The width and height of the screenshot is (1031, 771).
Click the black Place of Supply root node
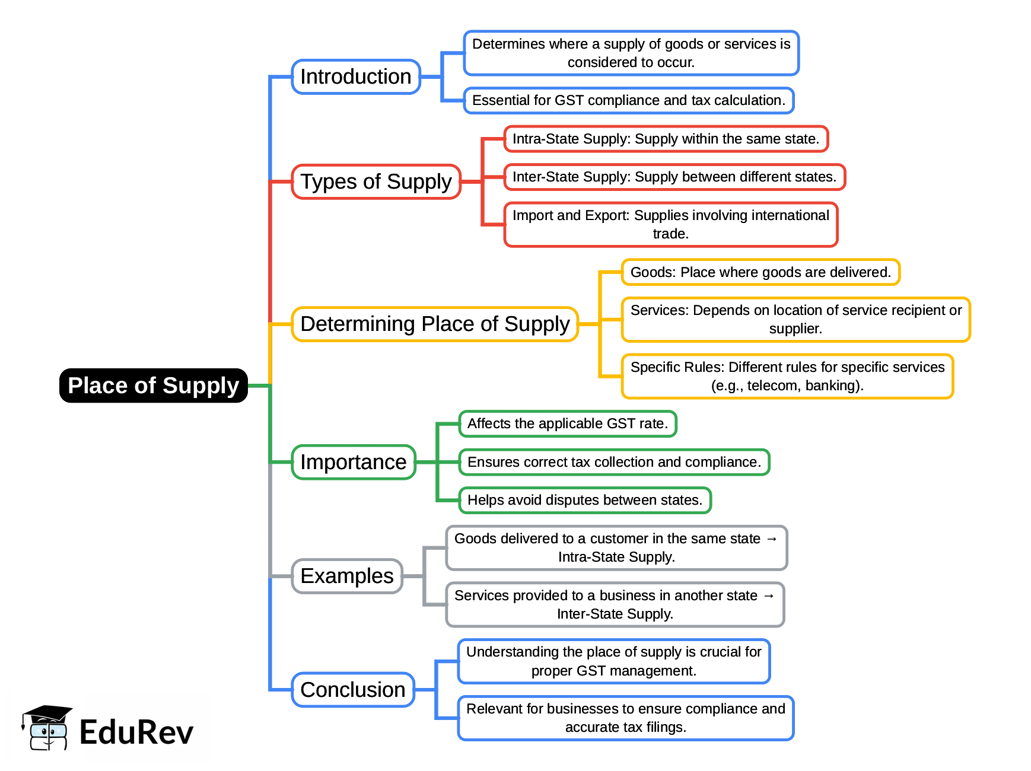pos(153,385)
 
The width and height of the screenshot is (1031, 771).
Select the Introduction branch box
pos(356,77)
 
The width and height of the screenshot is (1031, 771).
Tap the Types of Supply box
pos(376,181)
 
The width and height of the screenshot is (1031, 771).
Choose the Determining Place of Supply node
pos(435,324)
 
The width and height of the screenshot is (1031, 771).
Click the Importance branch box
pos(354,462)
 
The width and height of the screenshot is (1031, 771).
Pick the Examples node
pos(347,576)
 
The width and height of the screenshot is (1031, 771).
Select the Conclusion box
pos(353,690)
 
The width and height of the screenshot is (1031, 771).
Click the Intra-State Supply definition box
pos(666,139)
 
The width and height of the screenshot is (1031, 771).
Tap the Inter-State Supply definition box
pos(674,177)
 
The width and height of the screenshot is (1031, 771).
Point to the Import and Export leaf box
pos(670,224)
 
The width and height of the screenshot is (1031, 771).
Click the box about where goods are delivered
pos(760,272)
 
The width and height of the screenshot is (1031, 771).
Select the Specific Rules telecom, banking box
pos(787,376)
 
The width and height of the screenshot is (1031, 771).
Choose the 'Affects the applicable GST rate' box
pos(568,423)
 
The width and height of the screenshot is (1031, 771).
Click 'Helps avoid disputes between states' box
pos(585,500)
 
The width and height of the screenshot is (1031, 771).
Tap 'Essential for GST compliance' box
pos(629,100)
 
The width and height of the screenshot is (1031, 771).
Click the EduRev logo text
pos(136,732)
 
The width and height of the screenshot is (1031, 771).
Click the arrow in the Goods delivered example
pos(771,539)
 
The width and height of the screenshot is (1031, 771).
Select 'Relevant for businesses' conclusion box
pos(626,718)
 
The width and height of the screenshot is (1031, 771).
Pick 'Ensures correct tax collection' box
pos(614,462)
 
